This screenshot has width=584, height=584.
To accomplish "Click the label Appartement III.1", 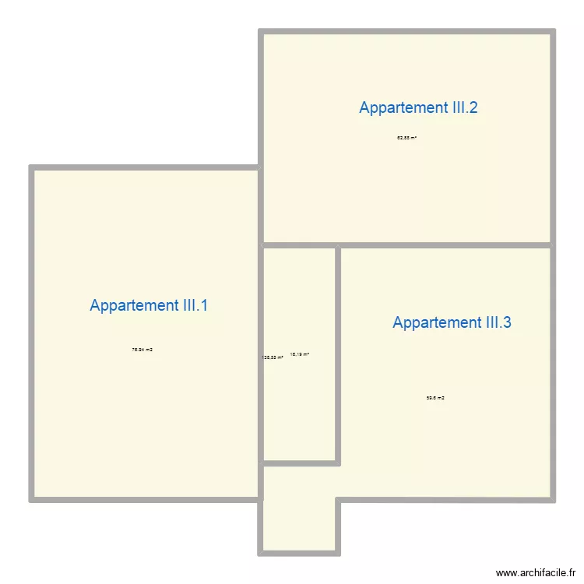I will pos(149,305).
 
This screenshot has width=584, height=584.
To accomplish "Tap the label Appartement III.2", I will pos(418,107).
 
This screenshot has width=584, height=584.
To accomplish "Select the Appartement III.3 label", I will pos(452,322).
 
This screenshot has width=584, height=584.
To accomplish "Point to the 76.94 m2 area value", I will pos(142,350).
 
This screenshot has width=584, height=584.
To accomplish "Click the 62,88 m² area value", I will pos(406,138).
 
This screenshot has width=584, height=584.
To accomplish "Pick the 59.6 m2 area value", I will pos(435,398).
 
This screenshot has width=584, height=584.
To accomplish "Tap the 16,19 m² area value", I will pos(300,354).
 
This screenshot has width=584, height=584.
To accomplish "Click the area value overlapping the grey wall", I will pos(273,357).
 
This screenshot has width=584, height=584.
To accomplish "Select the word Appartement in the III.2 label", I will pos(399,107).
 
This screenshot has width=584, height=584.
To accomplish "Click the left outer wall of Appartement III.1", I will pos(32,335).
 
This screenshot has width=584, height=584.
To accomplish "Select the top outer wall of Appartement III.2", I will pos(406,33).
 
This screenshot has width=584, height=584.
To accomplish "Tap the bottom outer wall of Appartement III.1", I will pos(144,498).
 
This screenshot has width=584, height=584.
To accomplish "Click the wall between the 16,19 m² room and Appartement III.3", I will pos(338,354).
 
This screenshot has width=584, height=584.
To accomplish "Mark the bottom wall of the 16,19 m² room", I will pos(300,463).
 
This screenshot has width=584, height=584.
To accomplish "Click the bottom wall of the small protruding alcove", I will pos(300,553).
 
